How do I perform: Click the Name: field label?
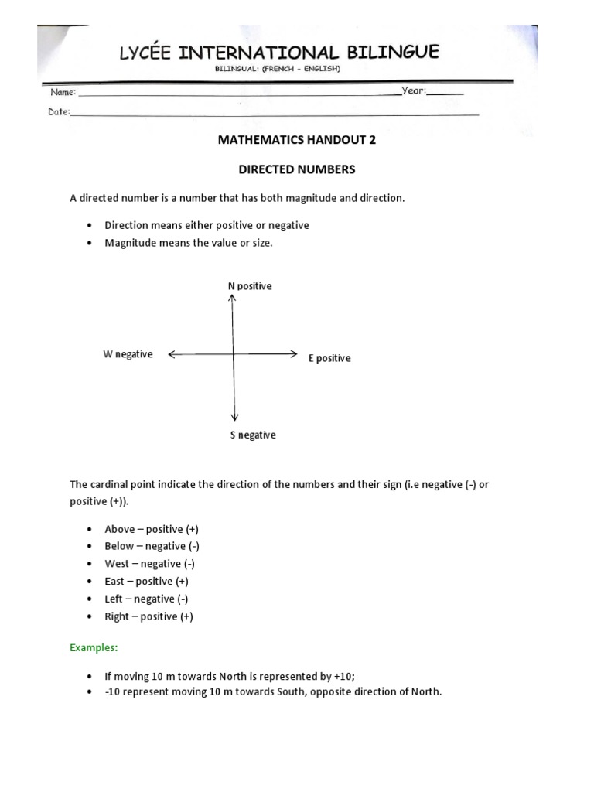[63, 92]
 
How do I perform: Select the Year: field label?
[415, 90]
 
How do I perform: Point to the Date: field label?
[59, 111]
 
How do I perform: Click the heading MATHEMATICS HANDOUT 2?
[292, 141]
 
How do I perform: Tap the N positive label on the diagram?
[249, 286]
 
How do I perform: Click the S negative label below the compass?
[252, 435]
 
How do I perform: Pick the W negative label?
[128, 354]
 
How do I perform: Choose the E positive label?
[329, 358]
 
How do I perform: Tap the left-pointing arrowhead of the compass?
[171, 354]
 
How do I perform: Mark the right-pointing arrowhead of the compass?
[294, 354]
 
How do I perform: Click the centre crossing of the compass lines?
[234, 354]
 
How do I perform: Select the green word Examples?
[94, 647]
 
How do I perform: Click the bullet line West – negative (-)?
[144, 564]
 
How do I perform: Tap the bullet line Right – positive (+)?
[148, 616]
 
